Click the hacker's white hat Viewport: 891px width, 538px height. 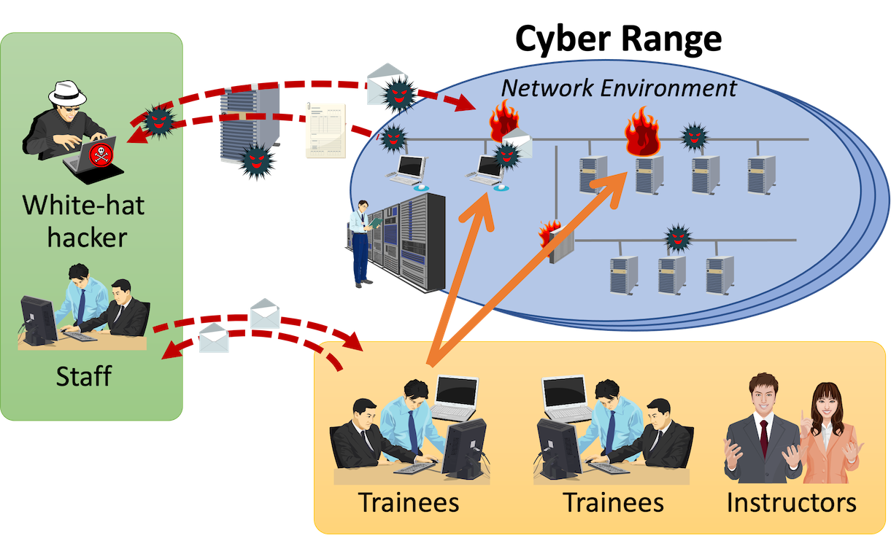tap(67, 94)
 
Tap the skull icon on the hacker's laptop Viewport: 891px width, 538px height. tap(98, 154)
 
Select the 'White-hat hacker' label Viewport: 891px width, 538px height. tap(83, 221)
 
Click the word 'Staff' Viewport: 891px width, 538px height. tap(83, 376)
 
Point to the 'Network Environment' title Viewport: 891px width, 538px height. tap(619, 88)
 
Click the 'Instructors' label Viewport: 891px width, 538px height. tap(791, 502)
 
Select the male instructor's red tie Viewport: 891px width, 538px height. tap(763, 437)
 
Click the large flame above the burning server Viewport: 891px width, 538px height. tap(642, 131)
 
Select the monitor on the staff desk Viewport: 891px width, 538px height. tap(38, 320)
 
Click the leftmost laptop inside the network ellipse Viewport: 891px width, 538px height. tap(406, 171)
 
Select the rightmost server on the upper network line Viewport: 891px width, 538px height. tap(761, 174)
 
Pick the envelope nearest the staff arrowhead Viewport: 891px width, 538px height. tap(215, 340)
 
